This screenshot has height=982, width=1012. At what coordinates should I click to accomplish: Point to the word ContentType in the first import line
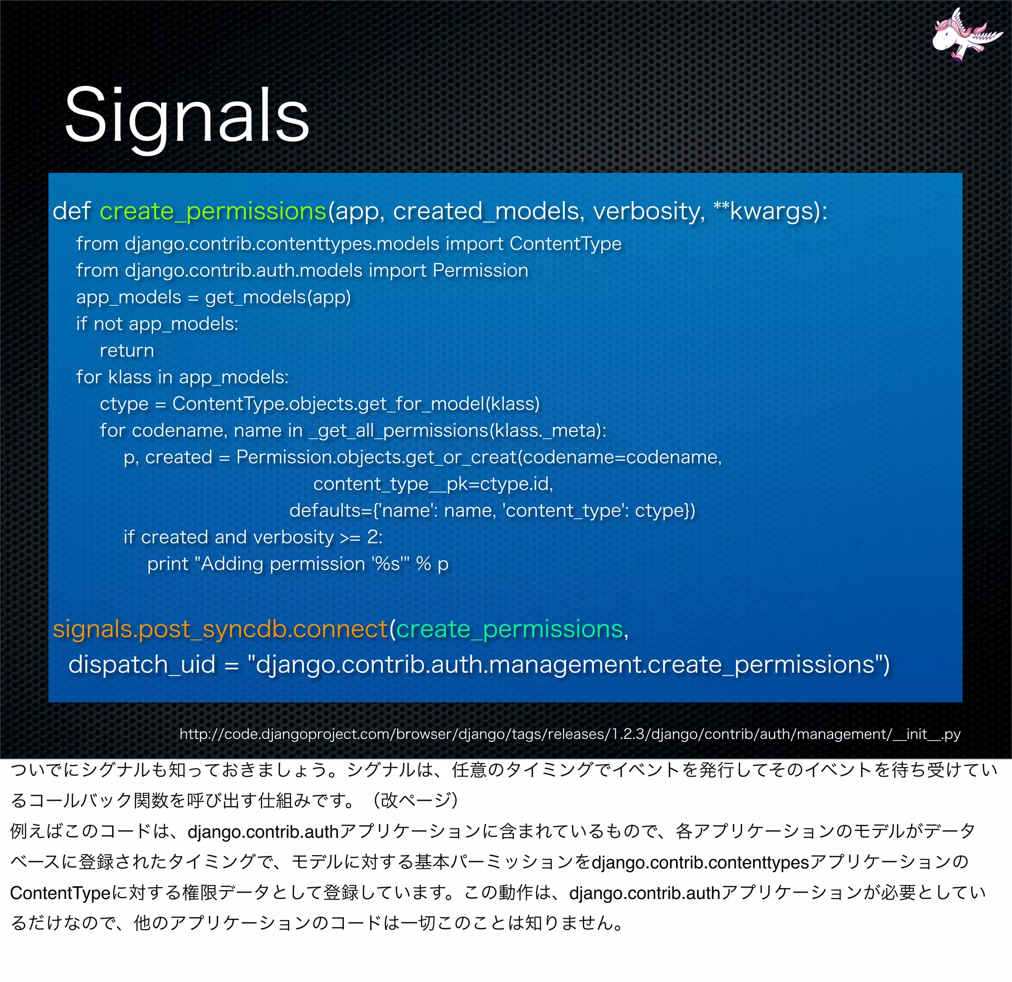coord(565,244)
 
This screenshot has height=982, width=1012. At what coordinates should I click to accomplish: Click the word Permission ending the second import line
coord(480,270)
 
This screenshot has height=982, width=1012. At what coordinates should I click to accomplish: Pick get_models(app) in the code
coord(278,297)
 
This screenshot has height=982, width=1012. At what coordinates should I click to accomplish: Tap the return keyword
coord(127,351)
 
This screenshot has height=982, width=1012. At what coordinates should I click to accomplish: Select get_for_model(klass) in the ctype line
coord(444,404)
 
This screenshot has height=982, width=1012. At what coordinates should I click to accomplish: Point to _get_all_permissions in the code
coord(398,431)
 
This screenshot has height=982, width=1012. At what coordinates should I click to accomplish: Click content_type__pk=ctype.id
coord(433,484)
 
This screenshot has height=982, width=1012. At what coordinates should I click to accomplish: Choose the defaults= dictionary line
coord(492,511)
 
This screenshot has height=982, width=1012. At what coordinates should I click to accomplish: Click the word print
coord(168,564)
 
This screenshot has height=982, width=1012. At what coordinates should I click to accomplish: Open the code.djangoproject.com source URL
coord(570,734)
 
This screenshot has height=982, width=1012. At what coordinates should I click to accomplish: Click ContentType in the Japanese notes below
coord(60,893)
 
